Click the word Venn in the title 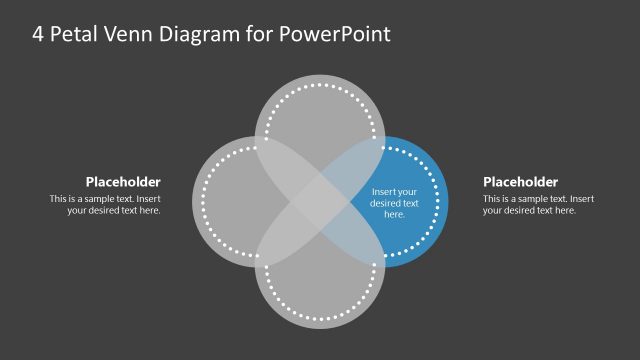pos(129,33)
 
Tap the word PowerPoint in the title pos(335,33)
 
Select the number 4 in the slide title pos(37,33)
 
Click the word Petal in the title pos(76,33)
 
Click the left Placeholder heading pos(123,182)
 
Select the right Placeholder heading pos(520,182)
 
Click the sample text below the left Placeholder pos(105,204)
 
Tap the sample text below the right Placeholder pos(538,204)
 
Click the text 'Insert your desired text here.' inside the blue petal pos(394,203)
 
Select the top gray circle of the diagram pos(320,110)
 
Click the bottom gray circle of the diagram pos(320,300)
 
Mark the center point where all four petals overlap pos(320,203)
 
